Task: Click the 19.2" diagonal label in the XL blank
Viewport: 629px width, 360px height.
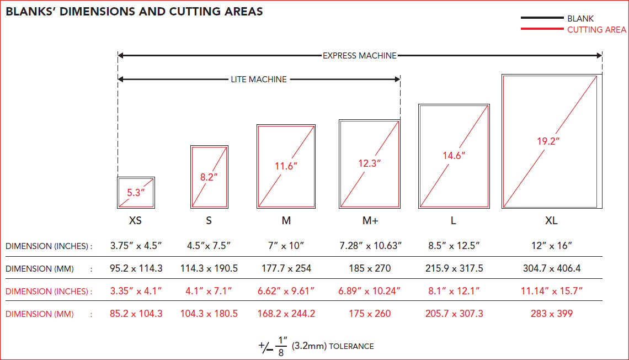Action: tap(548, 141)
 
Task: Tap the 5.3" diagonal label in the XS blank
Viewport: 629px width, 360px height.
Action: tap(135, 193)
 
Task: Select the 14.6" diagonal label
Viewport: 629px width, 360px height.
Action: tap(454, 155)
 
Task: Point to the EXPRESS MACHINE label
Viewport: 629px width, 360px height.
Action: tap(359, 55)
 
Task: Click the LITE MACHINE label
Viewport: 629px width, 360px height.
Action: tap(259, 80)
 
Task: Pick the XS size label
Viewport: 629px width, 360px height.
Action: tap(135, 221)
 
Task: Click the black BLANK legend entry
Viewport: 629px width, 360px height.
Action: tap(580, 19)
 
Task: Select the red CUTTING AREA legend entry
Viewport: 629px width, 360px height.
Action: tap(596, 30)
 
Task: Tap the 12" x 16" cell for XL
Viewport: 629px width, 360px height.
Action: tap(552, 246)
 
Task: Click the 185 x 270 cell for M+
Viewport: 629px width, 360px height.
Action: tap(370, 269)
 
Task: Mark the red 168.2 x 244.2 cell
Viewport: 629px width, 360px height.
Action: tap(286, 314)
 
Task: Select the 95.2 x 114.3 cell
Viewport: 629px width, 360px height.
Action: tap(136, 269)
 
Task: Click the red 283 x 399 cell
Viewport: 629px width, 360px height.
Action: tap(552, 314)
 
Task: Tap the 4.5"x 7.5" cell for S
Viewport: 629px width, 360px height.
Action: tap(209, 246)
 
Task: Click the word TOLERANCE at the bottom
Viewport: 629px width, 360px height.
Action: tap(351, 347)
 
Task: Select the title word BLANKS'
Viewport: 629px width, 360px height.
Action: tap(31, 11)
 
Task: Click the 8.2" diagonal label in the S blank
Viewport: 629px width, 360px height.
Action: tap(209, 177)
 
